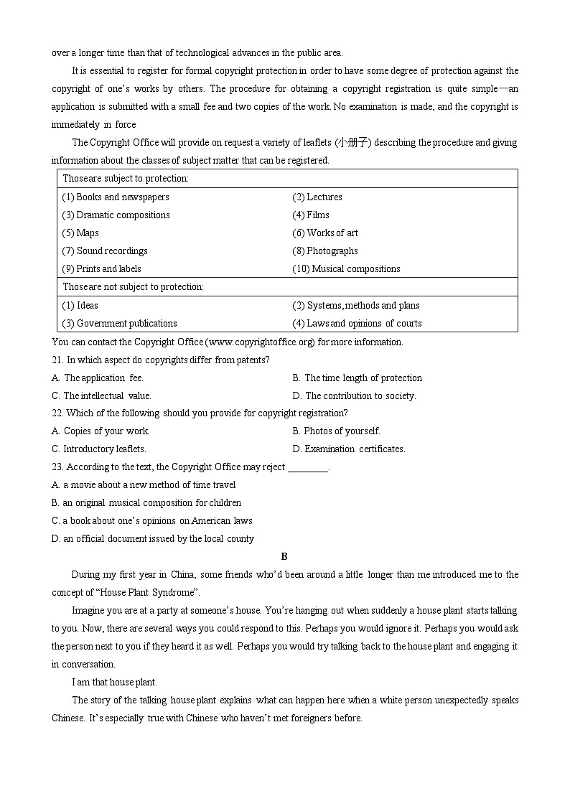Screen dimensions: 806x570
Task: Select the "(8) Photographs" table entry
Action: [x=324, y=250]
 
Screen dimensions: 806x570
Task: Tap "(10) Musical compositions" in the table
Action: [x=346, y=268]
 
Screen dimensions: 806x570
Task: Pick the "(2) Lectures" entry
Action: [x=317, y=197]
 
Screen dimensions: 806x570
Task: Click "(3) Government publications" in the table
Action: [x=119, y=323]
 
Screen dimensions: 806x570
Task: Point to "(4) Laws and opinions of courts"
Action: [x=357, y=323]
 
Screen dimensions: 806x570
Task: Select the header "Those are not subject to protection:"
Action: [x=133, y=286]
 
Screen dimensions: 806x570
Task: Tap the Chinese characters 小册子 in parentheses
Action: [x=353, y=142]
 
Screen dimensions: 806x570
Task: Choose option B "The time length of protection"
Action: [x=358, y=378]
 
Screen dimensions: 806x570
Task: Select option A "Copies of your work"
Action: [x=101, y=431]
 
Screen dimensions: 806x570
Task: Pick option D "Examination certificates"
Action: [x=349, y=449]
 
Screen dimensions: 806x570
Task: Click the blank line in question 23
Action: [x=307, y=467]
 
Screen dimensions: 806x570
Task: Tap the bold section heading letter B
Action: [x=284, y=556]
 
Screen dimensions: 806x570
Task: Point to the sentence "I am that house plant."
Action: [x=114, y=682]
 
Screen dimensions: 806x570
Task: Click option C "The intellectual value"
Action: [x=101, y=395]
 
